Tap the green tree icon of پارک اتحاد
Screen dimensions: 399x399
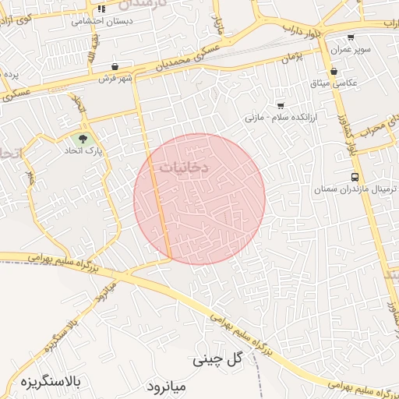pos(94,139)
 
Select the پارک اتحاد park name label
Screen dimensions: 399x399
pos(106,152)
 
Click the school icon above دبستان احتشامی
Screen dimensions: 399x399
pos(101,9)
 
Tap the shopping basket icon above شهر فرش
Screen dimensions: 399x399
pos(115,67)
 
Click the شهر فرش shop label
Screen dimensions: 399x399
pos(116,79)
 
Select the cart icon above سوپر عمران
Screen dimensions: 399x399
pos(351,37)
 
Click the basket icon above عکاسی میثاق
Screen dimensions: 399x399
pos(334,72)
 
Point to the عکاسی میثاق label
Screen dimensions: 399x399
pos(340,83)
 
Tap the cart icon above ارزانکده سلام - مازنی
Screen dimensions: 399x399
pos(281,105)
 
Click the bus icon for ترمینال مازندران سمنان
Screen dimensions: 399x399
pos(355,177)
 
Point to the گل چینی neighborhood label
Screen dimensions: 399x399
pos(218,360)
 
